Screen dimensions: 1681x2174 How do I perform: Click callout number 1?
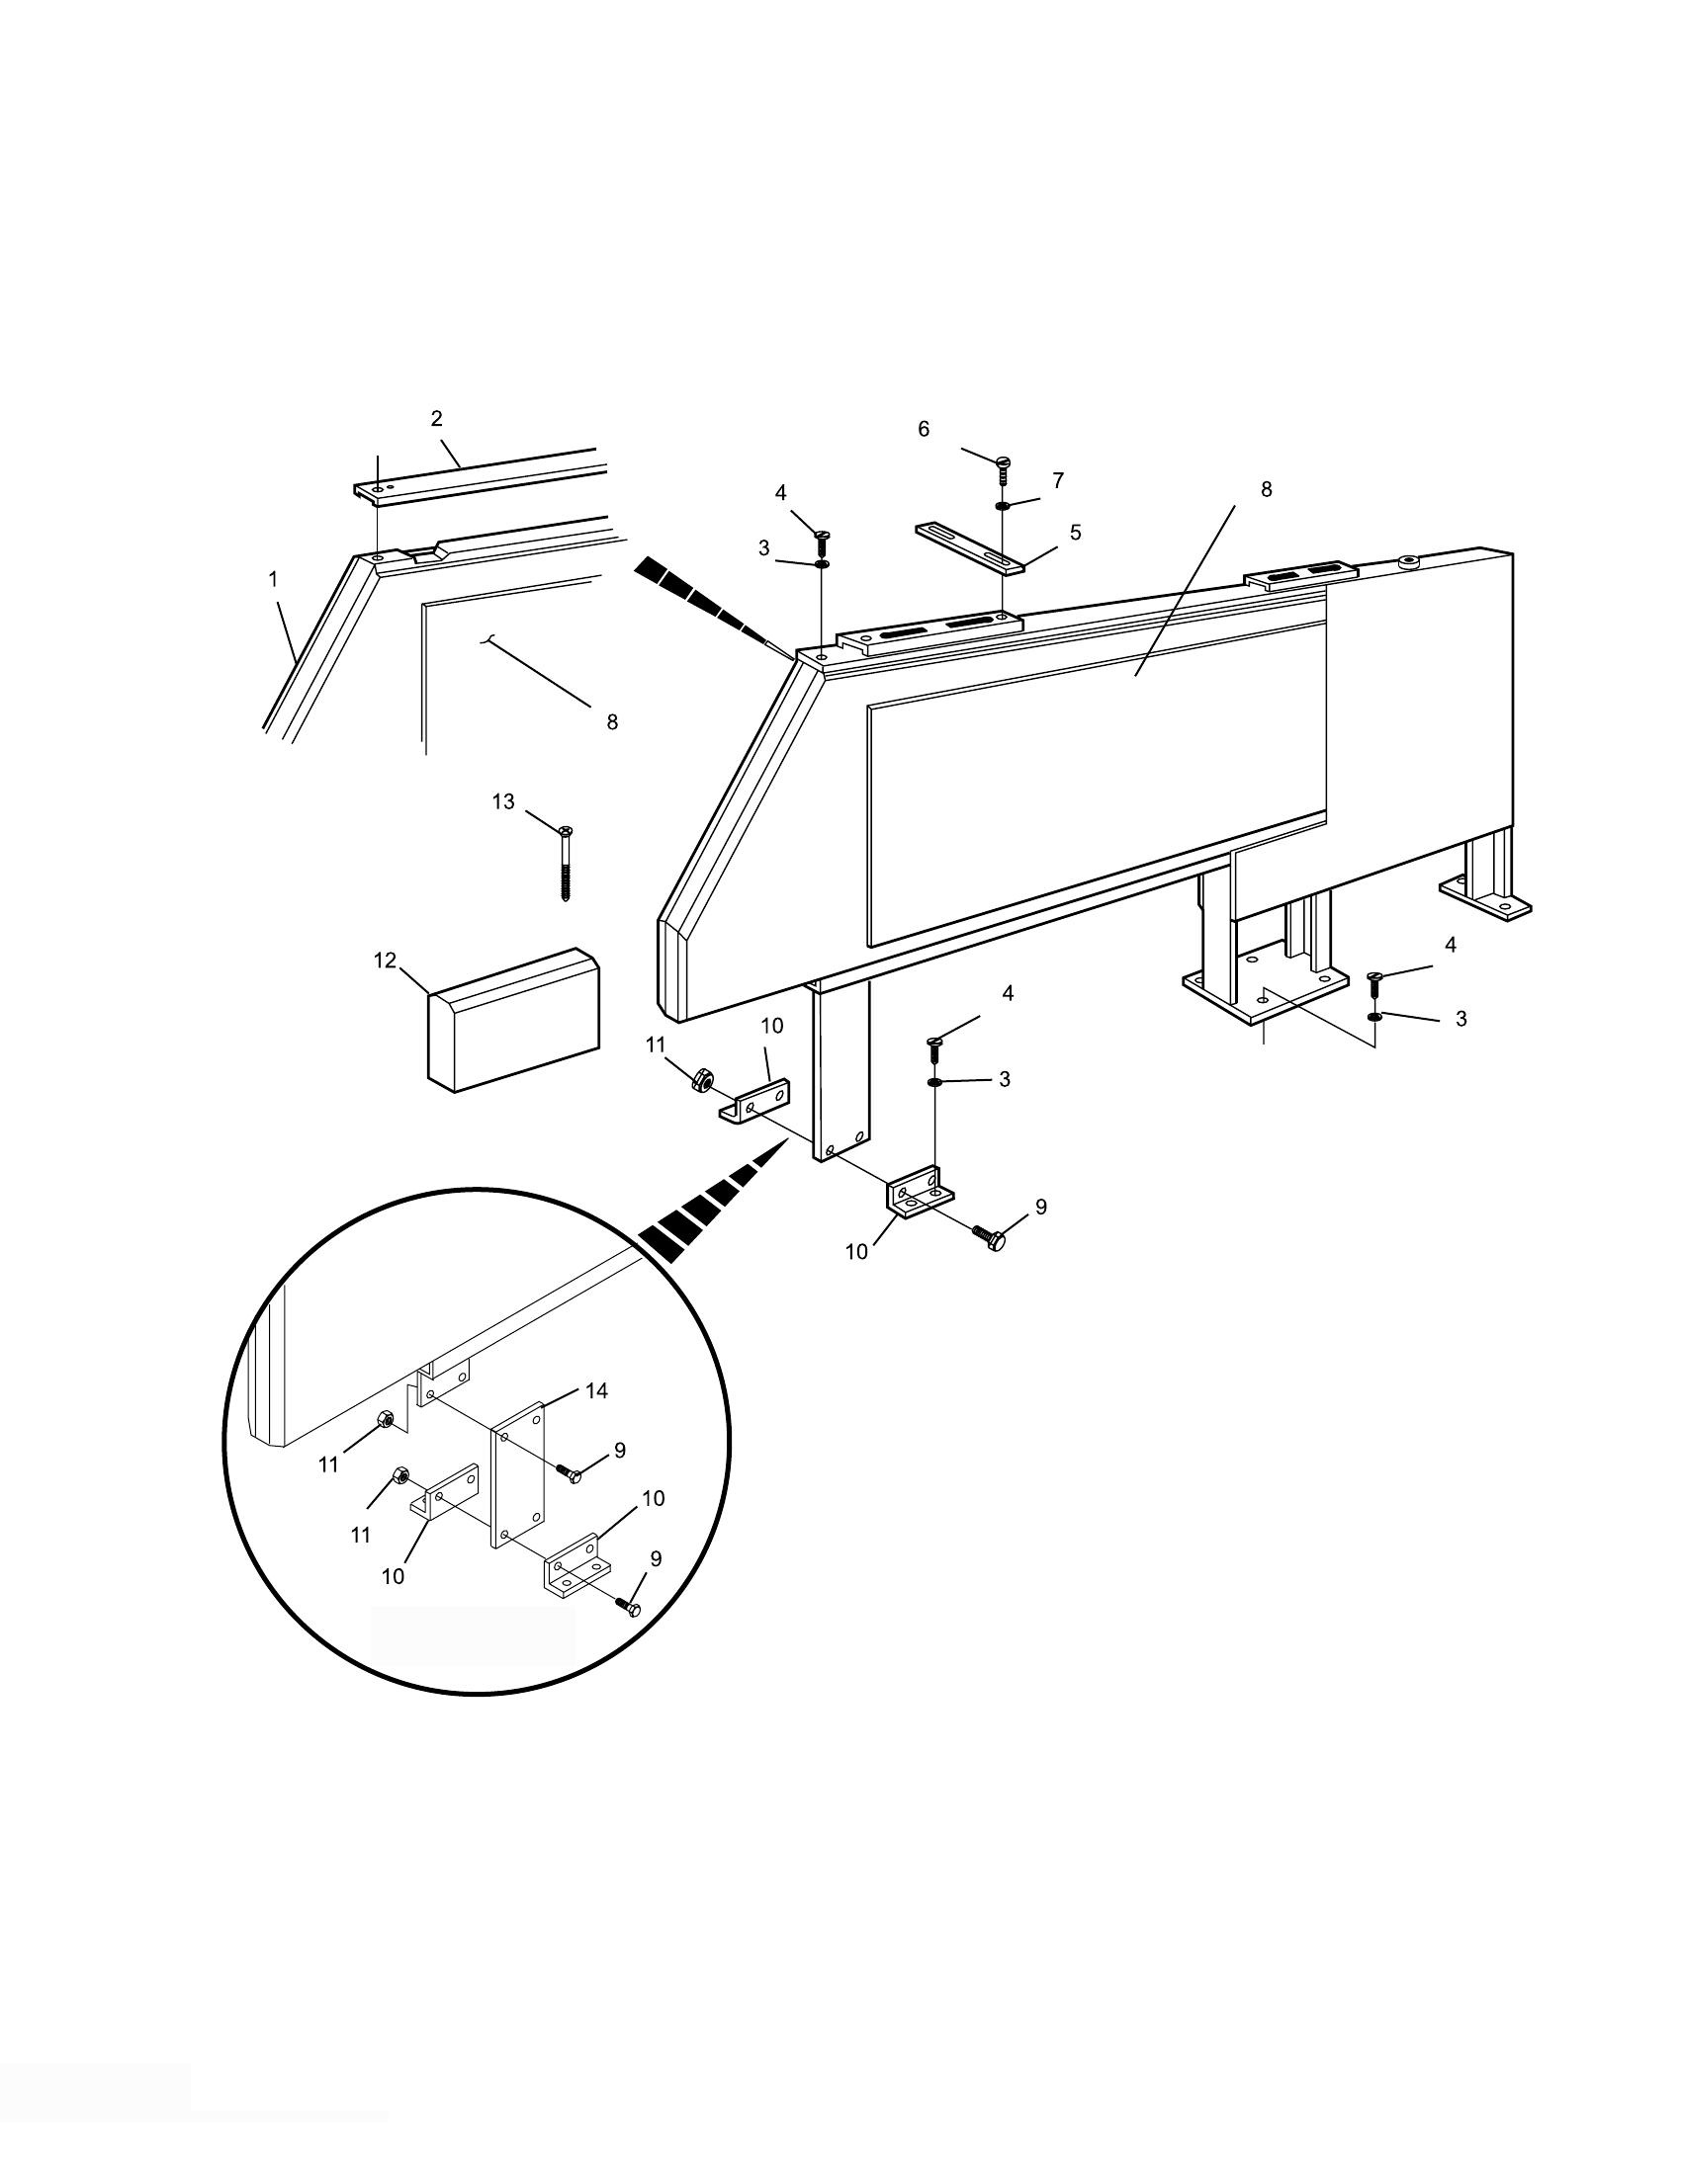(274, 578)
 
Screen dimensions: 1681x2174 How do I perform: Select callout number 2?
(436, 419)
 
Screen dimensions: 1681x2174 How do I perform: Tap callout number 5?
(1076, 533)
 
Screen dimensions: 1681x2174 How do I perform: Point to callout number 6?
(924, 429)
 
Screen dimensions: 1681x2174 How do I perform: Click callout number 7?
(1058, 481)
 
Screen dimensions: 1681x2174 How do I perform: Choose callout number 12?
(386, 961)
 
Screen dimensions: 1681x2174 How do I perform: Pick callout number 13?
(504, 801)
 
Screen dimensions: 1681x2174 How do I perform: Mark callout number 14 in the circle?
(596, 1390)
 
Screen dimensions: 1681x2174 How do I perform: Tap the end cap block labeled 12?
(514, 1021)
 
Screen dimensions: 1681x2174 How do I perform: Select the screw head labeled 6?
(1004, 460)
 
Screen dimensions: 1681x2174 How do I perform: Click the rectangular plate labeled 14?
(518, 1474)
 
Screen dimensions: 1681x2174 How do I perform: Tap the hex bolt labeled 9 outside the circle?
(990, 1238)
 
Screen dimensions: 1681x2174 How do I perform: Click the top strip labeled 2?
(481, 476)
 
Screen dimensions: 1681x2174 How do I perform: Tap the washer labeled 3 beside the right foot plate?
(1375, 1016)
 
